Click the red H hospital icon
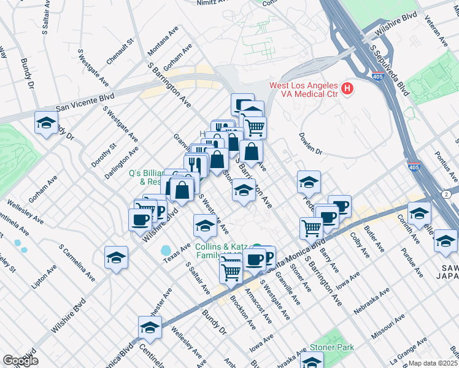point(347,90)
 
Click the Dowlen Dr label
point(310,143)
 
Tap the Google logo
point(20,361)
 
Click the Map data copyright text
point(433,363)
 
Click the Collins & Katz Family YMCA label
point(222,250)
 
